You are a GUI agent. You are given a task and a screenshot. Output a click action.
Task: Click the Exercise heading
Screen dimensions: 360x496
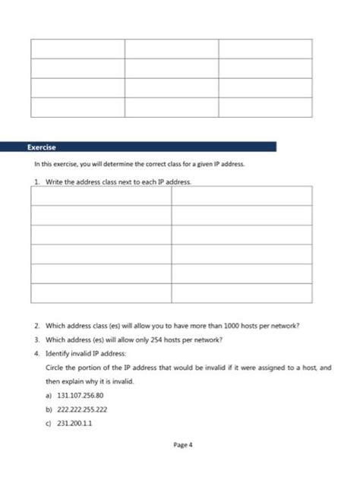tap(42, 147)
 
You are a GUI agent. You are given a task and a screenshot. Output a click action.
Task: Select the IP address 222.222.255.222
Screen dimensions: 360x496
tap(81, 409)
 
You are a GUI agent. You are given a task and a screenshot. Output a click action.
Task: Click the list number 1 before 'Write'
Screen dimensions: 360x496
tap(36, 182)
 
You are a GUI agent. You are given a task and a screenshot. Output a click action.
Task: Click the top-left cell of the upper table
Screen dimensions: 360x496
tap(77, 49)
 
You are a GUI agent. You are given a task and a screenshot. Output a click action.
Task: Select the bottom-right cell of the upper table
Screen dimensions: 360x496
tap(265, 107)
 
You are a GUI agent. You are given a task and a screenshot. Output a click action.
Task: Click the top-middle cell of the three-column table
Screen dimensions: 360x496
tap(171, 49)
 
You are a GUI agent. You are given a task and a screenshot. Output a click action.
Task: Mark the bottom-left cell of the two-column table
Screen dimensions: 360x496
tap(102, 292)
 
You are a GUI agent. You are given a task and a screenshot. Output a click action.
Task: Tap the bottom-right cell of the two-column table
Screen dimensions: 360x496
tap(242, 292)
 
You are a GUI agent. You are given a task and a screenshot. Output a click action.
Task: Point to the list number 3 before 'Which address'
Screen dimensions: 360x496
tap(36, 340)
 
